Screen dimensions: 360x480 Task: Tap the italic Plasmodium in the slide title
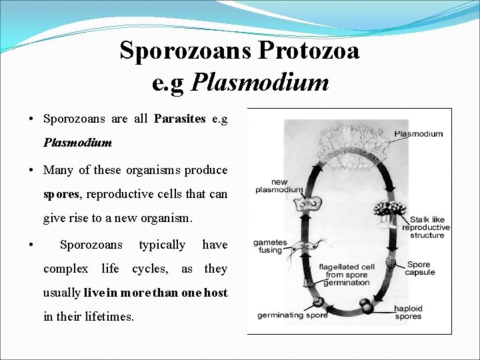click(260, 83)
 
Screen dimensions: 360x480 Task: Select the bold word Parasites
click(179, 119)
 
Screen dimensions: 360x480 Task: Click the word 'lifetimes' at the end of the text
click(109, 317)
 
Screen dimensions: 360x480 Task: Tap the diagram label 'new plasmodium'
click(278, 186)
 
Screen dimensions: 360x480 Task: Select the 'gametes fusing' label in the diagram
click(271, 247)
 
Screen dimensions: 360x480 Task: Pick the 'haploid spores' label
click(407, 312)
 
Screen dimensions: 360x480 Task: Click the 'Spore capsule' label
click(420, 269)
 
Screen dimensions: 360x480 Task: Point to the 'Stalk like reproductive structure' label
click(426, 227)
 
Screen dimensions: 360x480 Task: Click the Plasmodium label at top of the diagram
click(418, 134)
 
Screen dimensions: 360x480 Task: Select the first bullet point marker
click(32, 119)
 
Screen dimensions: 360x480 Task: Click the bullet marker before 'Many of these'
click(32, 170)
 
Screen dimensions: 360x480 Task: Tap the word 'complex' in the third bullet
click(65, 269)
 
